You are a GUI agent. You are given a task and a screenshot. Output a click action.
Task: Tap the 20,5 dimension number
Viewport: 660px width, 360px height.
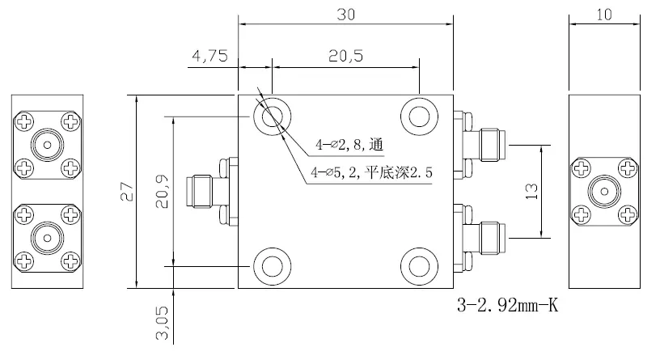pos(345,56)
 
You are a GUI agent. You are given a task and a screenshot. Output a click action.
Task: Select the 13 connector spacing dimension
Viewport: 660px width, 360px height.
pos(531,191)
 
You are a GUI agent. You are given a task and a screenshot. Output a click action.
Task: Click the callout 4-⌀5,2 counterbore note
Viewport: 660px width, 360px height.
pos(373,172)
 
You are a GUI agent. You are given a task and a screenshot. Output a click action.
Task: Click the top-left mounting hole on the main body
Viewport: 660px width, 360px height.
pos(271,117)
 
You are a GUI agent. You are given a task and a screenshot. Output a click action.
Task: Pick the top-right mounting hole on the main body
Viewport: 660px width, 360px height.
pos(420,117)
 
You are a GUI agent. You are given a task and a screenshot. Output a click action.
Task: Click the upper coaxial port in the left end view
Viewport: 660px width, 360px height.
pos(46,146)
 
